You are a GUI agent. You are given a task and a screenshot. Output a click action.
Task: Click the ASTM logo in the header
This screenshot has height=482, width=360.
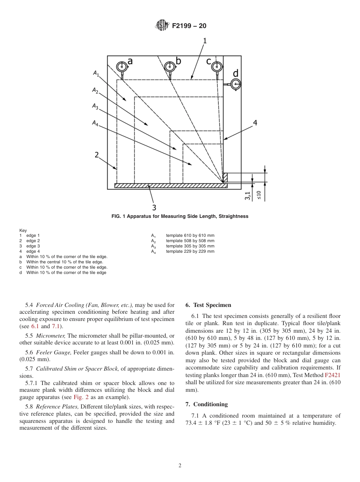click(x=162, y=26)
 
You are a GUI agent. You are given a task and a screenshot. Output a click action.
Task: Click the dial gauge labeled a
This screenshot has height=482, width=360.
click(x=122, y=67)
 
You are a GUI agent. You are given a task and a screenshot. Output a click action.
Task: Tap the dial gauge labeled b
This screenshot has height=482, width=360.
click(x=170, y=67)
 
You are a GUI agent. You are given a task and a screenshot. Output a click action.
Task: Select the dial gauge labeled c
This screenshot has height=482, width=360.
click(x=216, y=67)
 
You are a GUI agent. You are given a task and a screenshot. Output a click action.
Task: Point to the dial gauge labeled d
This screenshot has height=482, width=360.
click(x=236, y=84)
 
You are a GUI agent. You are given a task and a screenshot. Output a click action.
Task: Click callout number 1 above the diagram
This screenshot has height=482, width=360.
click(x=205, y=41)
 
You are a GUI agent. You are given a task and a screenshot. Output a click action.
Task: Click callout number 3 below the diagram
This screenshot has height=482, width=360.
click(x=154, y=207)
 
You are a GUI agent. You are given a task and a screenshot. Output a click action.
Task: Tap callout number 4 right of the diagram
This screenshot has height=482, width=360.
click(x=255, y=123)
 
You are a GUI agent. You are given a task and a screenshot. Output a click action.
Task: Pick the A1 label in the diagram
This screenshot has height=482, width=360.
click(x=96, y=74)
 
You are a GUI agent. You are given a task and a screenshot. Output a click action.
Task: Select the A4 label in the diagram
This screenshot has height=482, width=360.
click(x=95, y=123)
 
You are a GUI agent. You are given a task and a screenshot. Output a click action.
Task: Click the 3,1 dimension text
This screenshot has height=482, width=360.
click(x=247, y=196)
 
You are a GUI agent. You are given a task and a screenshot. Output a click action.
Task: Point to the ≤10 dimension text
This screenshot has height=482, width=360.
click(x=259, y=195)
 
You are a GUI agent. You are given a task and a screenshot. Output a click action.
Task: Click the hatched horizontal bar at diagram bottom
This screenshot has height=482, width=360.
click(x=171, y=186)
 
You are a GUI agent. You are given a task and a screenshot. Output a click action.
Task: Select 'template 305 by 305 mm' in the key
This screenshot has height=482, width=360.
click(x=190, y=246)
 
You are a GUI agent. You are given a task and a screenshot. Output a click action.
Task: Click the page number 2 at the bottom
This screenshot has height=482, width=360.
click(x=180, y=466)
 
